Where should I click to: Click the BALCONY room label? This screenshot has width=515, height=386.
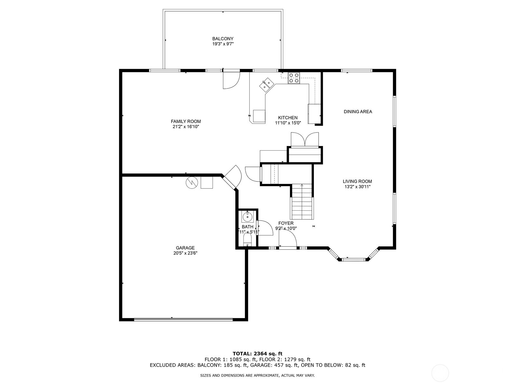pyautogui.click(x=223, y=39)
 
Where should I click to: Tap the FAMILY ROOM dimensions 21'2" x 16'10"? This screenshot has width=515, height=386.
pyautogui.click(x=186, y=127)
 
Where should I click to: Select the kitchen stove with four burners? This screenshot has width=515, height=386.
pyautogui.click(x=294, y=78)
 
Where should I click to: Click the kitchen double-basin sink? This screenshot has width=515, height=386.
pyautogui.click(x=266, y=85)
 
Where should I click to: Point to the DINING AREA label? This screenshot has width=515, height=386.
pyautogui.click(x=358, y=112)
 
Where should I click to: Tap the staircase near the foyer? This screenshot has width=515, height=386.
pyautogui.click(x=302, y=203)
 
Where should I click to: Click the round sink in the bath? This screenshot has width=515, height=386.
pyautogui.click(x=247, y=217)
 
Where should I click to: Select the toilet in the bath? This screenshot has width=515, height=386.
pyautogui.click(x=247, y=240)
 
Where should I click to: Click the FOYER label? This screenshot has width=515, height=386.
pyautogui.click(x=286, y=223)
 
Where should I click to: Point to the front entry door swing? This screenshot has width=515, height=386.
pyautogui.click(x=287, y=240)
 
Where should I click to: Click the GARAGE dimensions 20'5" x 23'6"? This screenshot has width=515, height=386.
pyautogui.click(x=185, y=253)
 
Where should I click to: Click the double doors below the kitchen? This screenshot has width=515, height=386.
pyautogui.click(x=304, y=140)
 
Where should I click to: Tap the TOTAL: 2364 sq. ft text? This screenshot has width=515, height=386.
pyautogui.click(x=257, y=354)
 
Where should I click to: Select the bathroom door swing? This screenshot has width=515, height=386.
pyautogui.click(x=265, y=228)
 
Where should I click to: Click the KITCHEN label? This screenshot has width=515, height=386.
pyautogui.click(x=288, y=118)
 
